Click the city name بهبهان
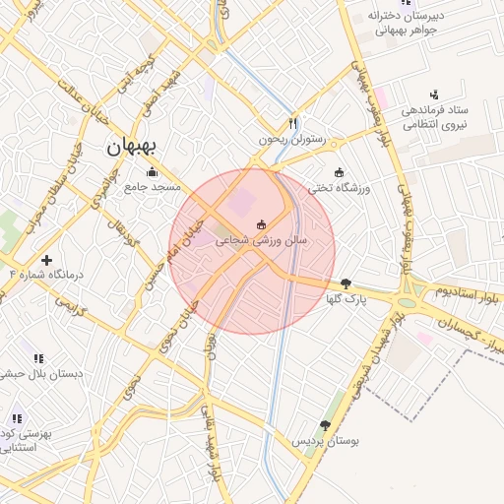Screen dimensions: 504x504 tap(131, 149)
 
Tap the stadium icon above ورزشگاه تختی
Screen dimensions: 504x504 tap(340, 172)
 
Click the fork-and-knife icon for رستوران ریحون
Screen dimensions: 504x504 tap(292, 125)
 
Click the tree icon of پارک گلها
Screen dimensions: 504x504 tap(345, 283)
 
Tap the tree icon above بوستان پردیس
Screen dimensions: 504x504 tap(326, 426)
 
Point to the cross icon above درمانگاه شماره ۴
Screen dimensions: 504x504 tap(46, 260)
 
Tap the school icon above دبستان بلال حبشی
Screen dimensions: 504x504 tap(39, 358)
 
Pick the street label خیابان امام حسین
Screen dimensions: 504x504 tap(166, 270)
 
